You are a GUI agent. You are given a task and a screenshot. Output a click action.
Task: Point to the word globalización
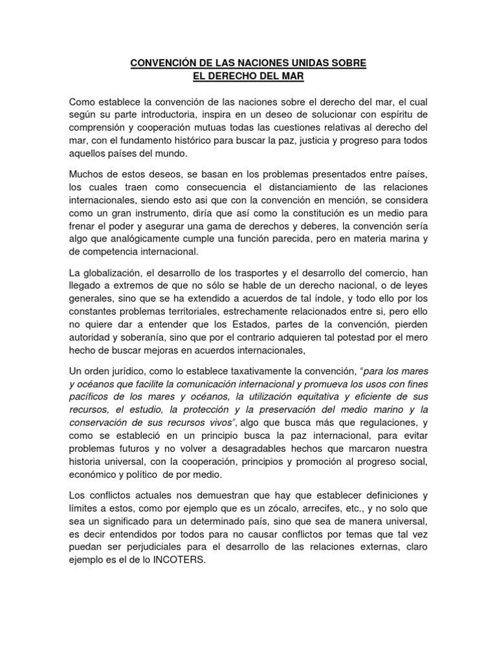(119, 273)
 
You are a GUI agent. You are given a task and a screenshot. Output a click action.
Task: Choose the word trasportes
(245, 273)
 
